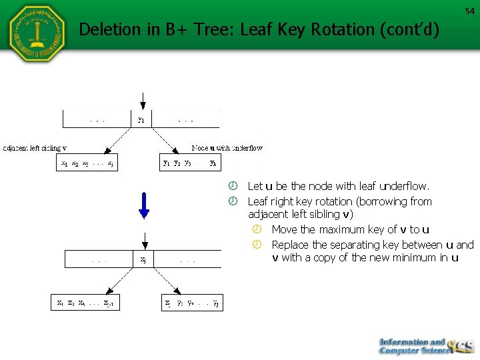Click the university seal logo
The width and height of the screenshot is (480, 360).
pyautogui.click(x=37, y=34)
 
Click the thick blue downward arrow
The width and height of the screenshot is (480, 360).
pyautogui.click(x=143, y=205)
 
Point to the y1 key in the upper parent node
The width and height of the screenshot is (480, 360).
pyautogui.click(x=141, y=121)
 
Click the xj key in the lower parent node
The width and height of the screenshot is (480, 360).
pyautogui.click(x=143, y=260)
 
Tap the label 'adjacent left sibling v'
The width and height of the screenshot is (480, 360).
pyautogui.click(x=35, y=147)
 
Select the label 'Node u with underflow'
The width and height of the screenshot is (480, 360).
pyautogui.click(x=227, y=147)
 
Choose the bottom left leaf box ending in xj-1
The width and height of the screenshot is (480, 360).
pyautogui.click(x=86, y=303)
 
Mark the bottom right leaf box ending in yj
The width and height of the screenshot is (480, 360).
pyautogui.click(x=192, y=303)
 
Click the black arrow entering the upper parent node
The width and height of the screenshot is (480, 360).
pyautogui.click(x=141, y=101)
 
